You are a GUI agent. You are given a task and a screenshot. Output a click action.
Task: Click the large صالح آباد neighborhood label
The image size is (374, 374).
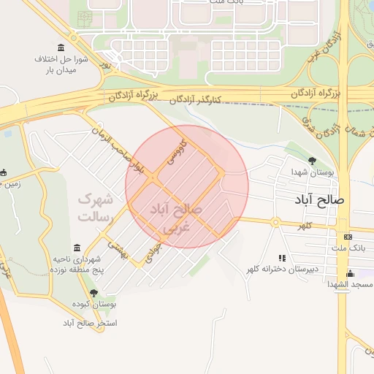[321, 199]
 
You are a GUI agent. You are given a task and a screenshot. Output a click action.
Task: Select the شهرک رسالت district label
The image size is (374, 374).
[95, 207]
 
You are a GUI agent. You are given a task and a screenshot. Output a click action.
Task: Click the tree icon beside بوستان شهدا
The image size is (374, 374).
[313, 161]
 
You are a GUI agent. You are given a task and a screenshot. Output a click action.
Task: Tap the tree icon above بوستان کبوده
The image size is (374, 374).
[93, 293]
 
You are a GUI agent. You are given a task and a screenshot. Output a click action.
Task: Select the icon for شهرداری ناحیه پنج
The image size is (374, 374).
[77, 248]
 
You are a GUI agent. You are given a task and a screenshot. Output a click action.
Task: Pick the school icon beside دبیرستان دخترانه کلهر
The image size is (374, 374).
[282, 258]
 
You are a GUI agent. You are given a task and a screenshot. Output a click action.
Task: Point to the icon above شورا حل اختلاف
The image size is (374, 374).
[60, 47]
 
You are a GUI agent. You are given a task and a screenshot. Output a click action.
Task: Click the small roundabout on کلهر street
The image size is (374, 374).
[275, 222]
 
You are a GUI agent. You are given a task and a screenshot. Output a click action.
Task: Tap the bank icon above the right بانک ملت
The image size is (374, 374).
[347, 237]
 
